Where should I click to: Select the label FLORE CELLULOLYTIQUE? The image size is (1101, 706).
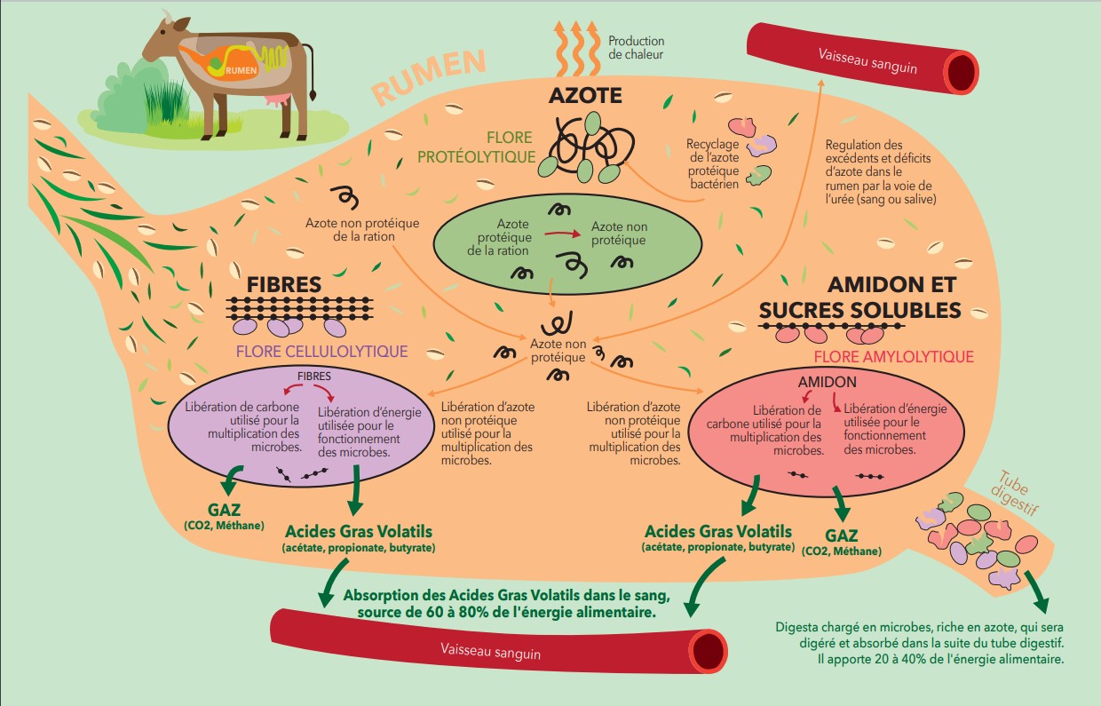[321, 352]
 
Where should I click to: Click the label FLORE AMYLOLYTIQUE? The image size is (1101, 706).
[893, 357]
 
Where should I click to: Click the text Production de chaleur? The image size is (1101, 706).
[636, 48]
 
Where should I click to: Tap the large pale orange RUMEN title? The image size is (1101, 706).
[429, 76]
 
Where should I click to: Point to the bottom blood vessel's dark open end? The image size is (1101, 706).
[709, 651]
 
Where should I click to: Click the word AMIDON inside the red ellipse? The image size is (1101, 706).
[827, 381]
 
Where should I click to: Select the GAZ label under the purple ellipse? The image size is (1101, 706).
[224, 512]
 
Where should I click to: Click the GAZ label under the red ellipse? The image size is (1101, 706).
[841, 535]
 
